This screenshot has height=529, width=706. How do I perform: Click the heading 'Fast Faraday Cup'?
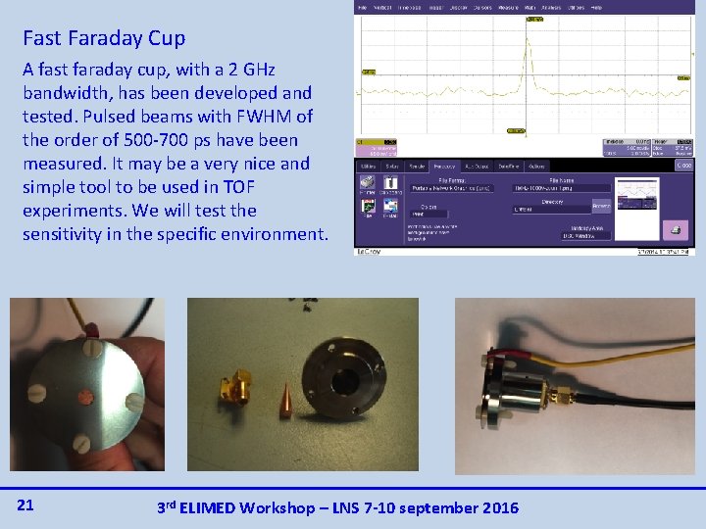click(104, 39)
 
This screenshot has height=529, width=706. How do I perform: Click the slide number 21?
click(26, 505)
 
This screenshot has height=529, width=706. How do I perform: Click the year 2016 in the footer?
click(495, 507)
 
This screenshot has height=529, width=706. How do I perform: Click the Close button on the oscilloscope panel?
click(683, 166)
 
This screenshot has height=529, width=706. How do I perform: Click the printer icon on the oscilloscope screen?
click(676, 228)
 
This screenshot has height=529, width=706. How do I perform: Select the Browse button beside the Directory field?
click(602, 207)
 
